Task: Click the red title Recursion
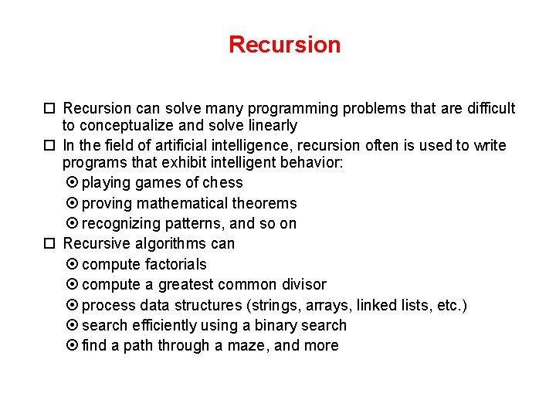284,45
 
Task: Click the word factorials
176,264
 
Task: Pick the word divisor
301,284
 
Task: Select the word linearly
270,125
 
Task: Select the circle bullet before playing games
73,183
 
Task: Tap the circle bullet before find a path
73,346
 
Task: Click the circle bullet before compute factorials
73,264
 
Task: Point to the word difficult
491,108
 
